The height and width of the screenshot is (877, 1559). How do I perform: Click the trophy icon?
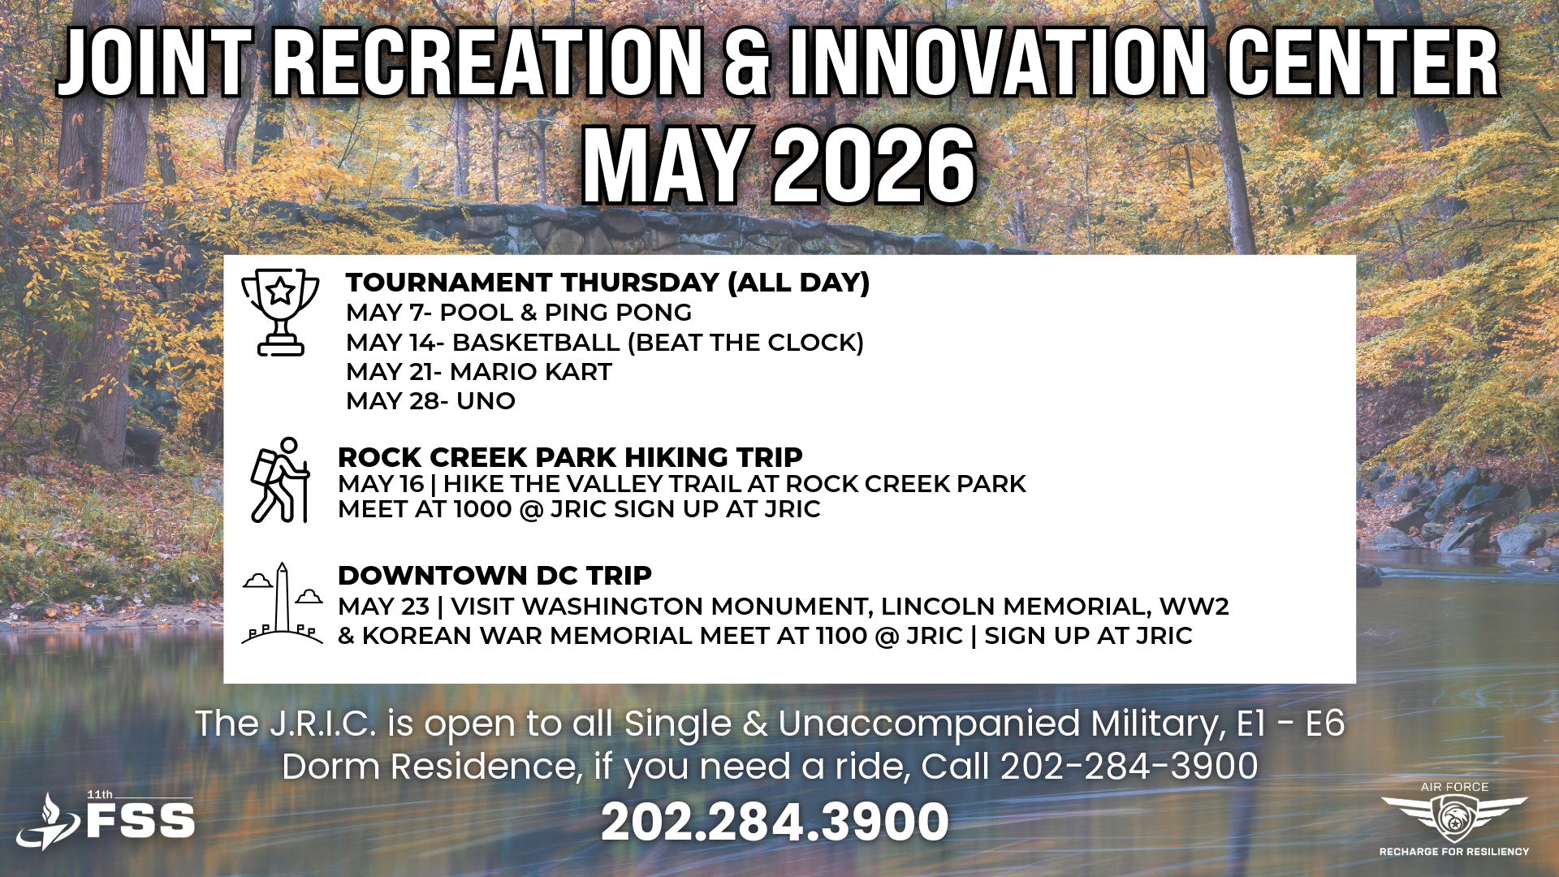pyautogui.click(x=280, y=312)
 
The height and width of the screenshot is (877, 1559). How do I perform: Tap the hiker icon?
pyautogui.click(x=280, y=480)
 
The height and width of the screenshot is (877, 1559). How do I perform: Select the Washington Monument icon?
pyautogui.click(x=282, y=603)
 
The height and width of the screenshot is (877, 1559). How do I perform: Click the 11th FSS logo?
pyautogui.click(x=106, y=820)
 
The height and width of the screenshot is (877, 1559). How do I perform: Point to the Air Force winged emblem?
pyautogui.click(x=1453, y=817)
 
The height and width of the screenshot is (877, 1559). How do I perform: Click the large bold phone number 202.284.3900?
pyautogui.click(x=775, y=822)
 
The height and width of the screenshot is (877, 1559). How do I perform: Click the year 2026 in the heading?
pyautogui.click(x=874, y=166)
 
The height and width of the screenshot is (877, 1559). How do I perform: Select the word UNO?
pyautogui.click(x=486, y=401)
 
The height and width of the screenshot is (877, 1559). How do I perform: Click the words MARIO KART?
pyautogui.click(x=530, y=372)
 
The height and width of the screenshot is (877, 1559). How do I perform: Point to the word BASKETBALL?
pyautogui.click(x=536, y=343)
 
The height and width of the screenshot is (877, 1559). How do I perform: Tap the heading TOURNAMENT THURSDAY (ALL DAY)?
pyautogui.click(x=607, y=283)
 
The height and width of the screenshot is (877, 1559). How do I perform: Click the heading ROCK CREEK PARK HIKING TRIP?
pyautogui.click(x=570, y=457)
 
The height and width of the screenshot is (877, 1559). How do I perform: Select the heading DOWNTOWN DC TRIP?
pyautogui.click(x=494, y=576)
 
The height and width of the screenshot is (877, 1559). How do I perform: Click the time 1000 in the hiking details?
pyautogui.click(x=482, y=510)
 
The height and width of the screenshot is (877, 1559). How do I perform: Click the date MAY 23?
pyautogui.click(x=383, y=607)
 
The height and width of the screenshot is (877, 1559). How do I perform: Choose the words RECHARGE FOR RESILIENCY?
pyautogui.click(x=1454, y=852)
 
